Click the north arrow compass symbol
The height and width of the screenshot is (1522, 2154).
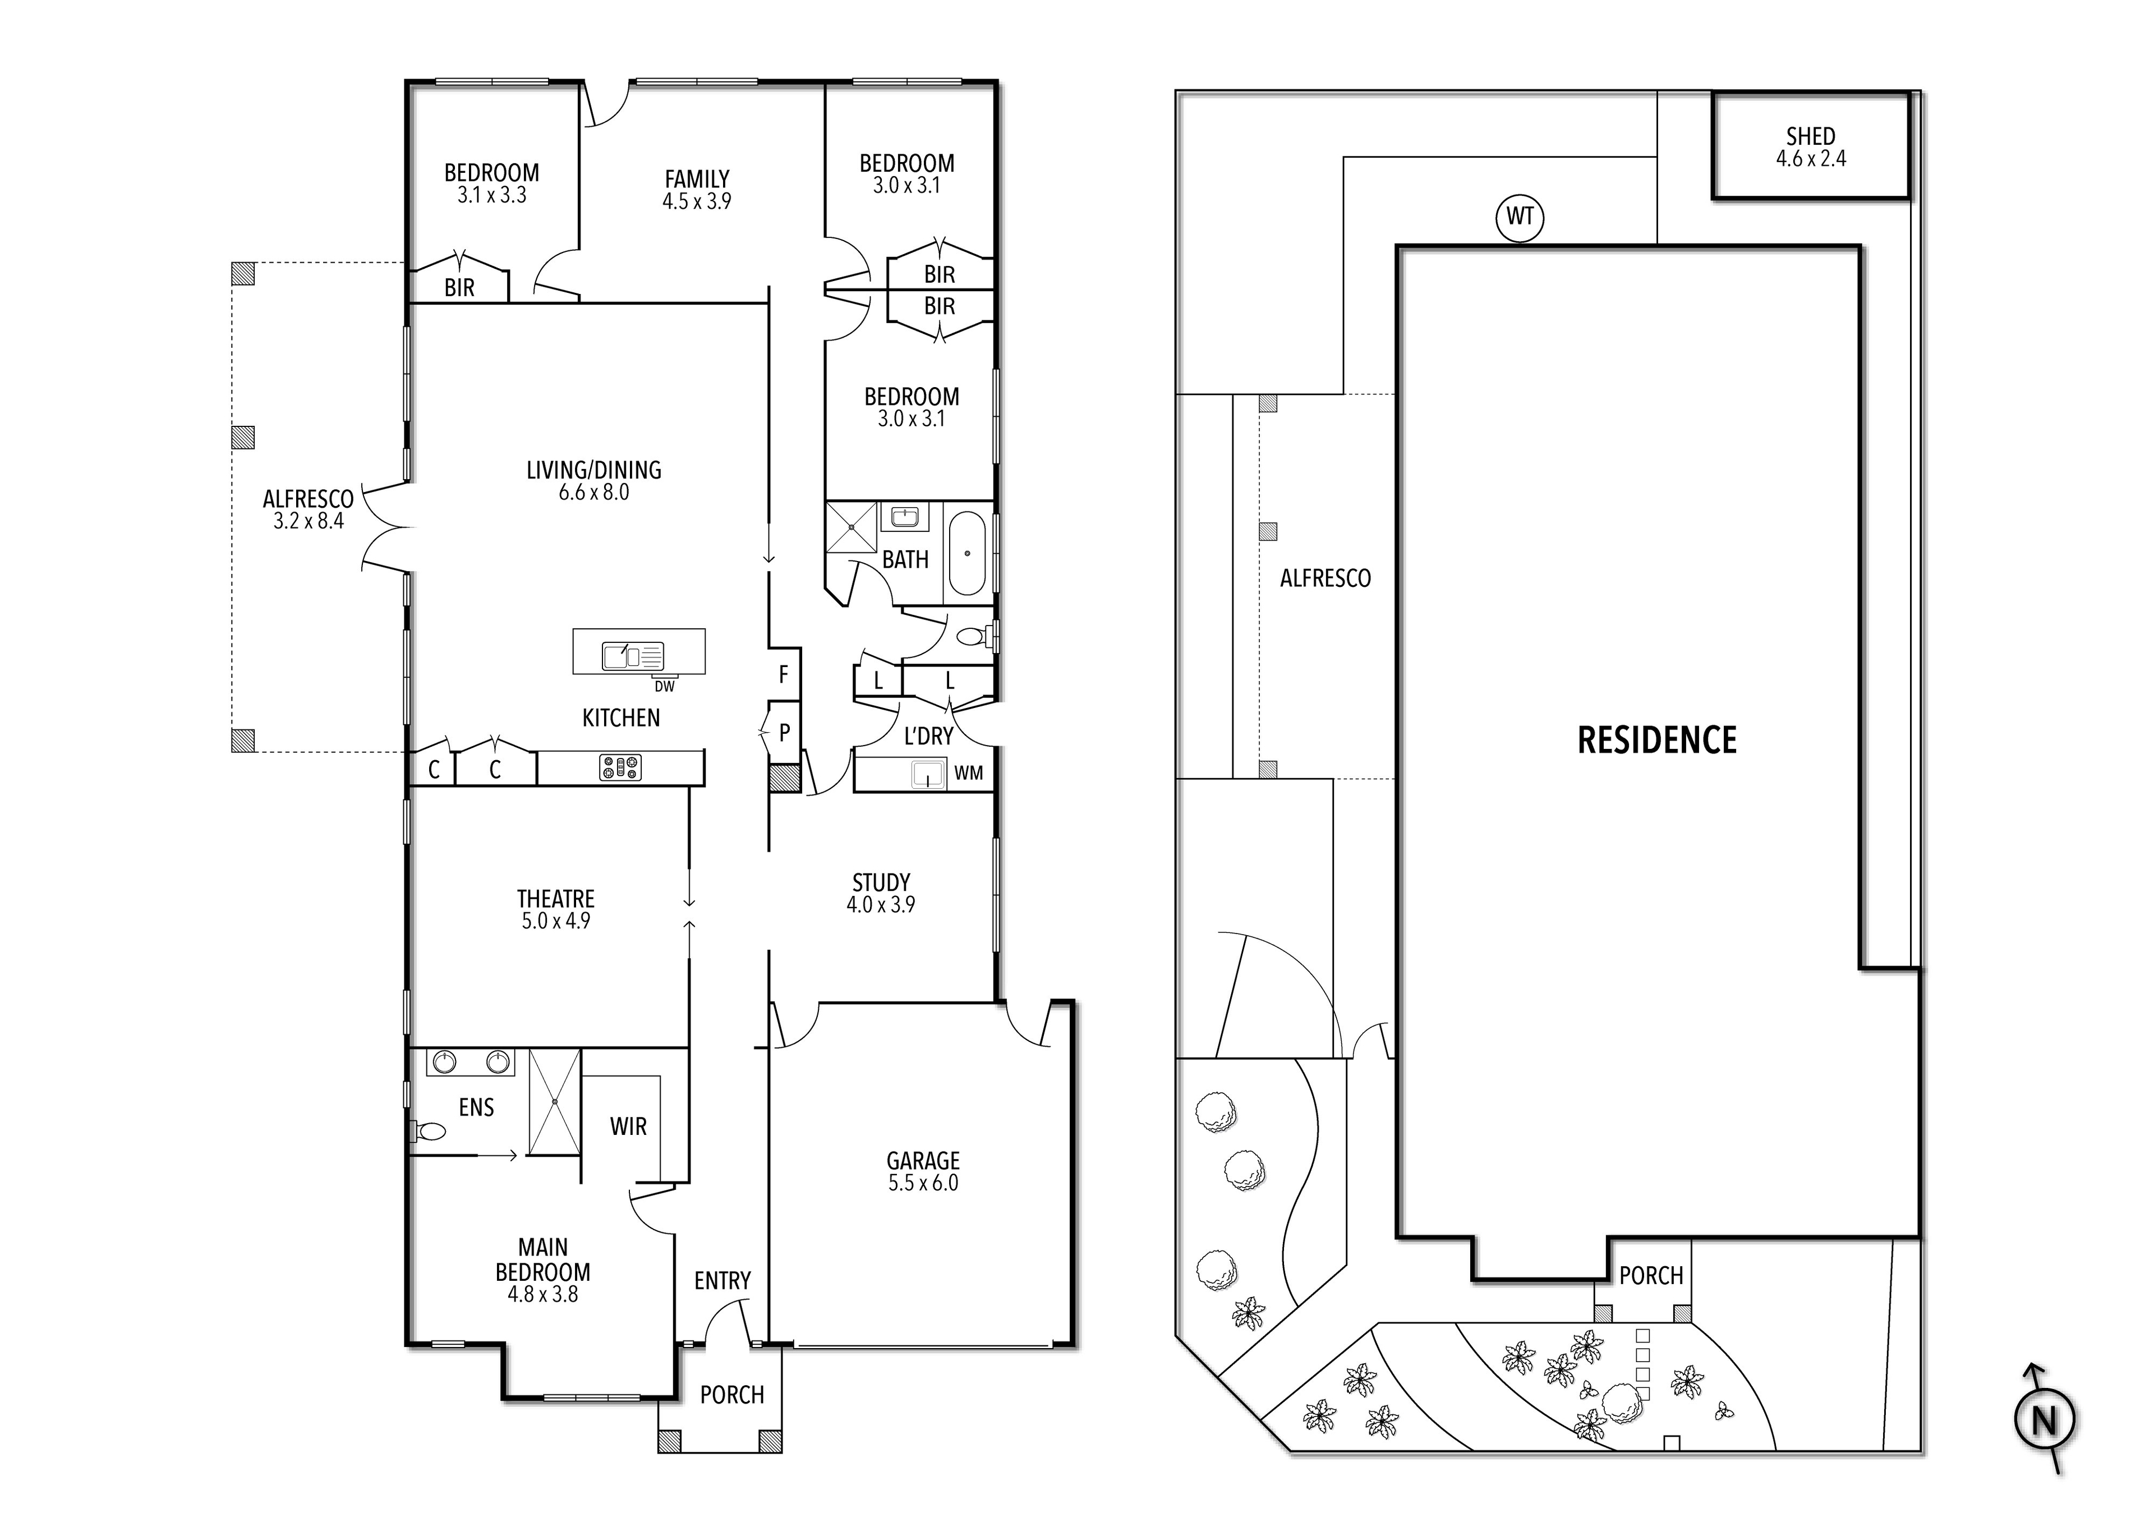[2045, 1420]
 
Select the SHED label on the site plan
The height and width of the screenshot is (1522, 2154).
[1811, 137]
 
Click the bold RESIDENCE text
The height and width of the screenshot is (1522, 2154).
[1657, 741]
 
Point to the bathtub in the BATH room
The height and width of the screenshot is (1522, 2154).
[967, 554]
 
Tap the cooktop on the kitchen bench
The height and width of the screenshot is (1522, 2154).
[620, 767]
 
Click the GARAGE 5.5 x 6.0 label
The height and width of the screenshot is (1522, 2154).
[923, 1171]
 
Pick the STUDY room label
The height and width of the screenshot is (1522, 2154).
[881, 883]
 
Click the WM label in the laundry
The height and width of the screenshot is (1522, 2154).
[968, 773]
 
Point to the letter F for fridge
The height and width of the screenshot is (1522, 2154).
[784, 674]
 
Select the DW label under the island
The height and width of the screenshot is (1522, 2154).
[664, 686]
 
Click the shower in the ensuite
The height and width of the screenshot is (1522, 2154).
[554, 1102]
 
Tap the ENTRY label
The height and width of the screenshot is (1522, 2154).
[722, 1281]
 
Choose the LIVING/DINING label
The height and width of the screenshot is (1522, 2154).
[594, 470]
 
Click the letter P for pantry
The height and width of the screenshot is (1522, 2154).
[784, 733]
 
